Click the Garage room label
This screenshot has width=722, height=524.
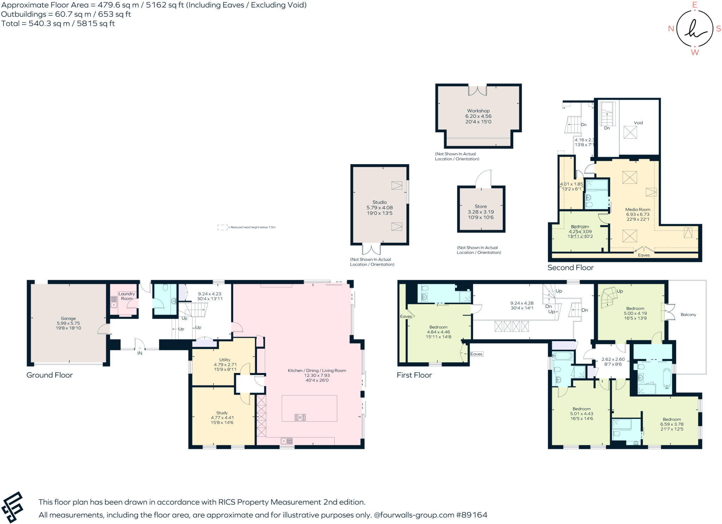tap(68, 318)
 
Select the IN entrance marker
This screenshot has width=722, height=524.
tap(140, 353)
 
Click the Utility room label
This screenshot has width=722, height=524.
tap(225, 360)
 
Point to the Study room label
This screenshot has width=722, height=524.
tap(222, 412)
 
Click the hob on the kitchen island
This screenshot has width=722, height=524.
tap(300, 417)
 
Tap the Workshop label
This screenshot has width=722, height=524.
tap(478, 111)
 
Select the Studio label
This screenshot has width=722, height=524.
tap(379, 202)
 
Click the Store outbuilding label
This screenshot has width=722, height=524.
tap(481, 206)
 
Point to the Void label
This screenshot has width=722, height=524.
tap(638, 123)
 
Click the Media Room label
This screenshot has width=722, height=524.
tap(637, 209)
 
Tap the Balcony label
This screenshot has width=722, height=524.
tap(688, 314)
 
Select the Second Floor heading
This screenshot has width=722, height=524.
tap(570, 267)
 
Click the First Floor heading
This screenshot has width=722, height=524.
tap(414, 375)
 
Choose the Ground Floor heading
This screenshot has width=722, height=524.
tap(49, 375)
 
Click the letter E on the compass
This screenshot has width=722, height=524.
tap(695, 5)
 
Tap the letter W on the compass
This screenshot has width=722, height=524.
tap(695, 52)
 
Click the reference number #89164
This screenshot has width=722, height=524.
tap(471, 515)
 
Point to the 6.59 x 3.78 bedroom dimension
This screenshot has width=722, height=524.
tap(672, 424)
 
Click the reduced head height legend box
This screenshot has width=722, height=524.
tap(222, 227)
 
